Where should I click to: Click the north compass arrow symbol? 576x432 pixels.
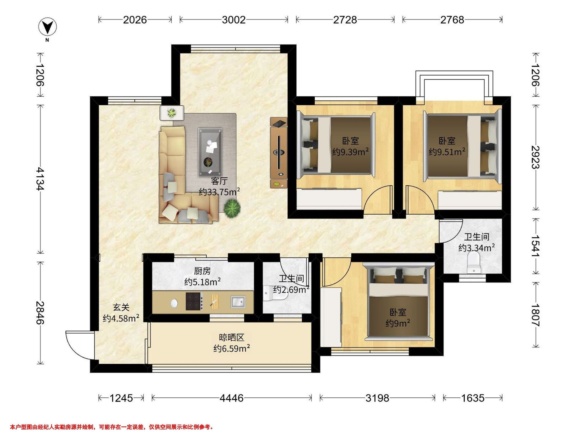pos(48,27)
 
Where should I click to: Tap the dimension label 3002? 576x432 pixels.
pos(234,20)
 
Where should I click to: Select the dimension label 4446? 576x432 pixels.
pos(232,398)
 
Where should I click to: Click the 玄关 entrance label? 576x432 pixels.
pos(121,307)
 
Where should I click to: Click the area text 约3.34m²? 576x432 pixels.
pos(477,248)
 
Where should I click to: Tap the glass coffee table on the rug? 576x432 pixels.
pos(210,152)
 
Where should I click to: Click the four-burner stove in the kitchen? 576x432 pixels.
pos(194,301)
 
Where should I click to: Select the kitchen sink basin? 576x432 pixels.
pos(238,302)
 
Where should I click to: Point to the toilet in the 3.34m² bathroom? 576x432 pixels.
pos(474,264)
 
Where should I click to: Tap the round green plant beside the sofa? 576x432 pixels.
pos(232,208)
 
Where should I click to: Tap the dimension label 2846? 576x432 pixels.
pos(40,312)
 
